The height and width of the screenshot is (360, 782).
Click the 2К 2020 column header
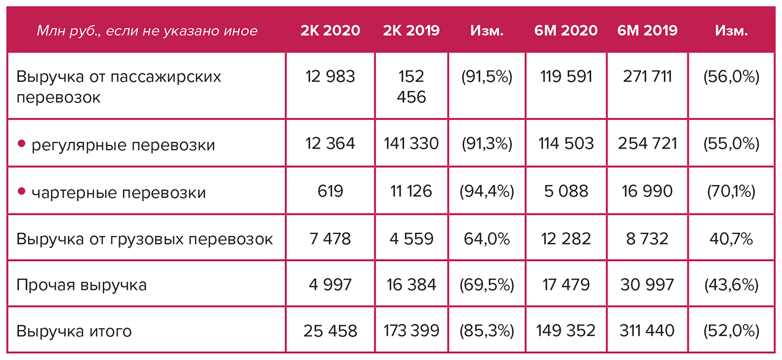tap(330, 31)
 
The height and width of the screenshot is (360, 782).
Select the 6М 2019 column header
tap(647, 31)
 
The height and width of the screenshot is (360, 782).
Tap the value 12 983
tap(330, 77)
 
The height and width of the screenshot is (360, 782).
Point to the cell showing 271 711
tap(647, 77)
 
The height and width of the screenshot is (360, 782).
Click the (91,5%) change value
tap(487, 77)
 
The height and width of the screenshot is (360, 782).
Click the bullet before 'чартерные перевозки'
tap(21, 192)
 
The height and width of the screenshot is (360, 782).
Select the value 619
tap(330, 191)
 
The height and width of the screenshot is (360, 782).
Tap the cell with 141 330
tap(411, 144)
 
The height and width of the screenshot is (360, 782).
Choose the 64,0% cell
tap(487, 238)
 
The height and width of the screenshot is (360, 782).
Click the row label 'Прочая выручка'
tap(82, 285)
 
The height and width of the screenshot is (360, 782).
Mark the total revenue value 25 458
tap(330, 331)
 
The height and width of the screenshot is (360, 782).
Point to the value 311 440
tap(647, 331)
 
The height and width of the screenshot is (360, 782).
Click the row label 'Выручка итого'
tap(75, 332)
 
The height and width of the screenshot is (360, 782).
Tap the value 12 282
tap(566, 238)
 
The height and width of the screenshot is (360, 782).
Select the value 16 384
tap(411, 285)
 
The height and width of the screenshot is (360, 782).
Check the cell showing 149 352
tap(566, 331)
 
